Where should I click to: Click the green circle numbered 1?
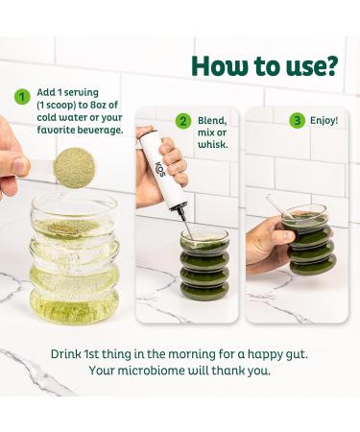click(x=22, y=96)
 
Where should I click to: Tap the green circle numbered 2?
click(x=183, y=121)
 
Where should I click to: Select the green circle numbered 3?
click(x=298, y=121)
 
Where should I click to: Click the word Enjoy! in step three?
click(x=324, y=121)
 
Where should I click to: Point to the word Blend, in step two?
click(x=212, y=121)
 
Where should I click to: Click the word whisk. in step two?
click(x=213, y=144)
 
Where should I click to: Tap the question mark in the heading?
click(x=328, y=65)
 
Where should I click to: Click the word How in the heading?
click(x=220, y=66)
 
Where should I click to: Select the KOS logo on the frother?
click(x=160, y=169)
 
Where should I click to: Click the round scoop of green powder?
click(x=74, y=168)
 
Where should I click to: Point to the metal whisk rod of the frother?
click(x=185, y=224)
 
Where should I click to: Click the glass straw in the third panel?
click(x=278, y=206)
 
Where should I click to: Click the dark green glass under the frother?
click(x=204, y=266)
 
